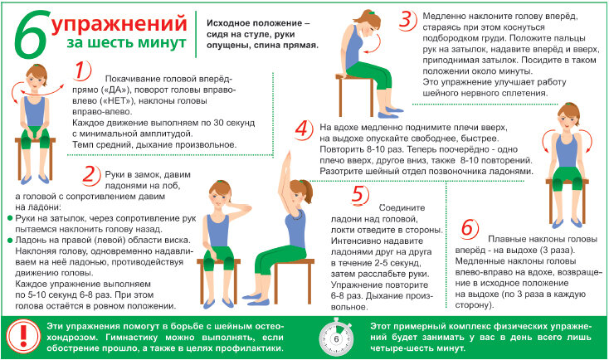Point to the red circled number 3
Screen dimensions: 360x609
coord(406,20)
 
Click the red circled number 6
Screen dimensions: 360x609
coord(468,229)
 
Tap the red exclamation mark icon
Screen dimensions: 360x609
coord(22,333)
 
